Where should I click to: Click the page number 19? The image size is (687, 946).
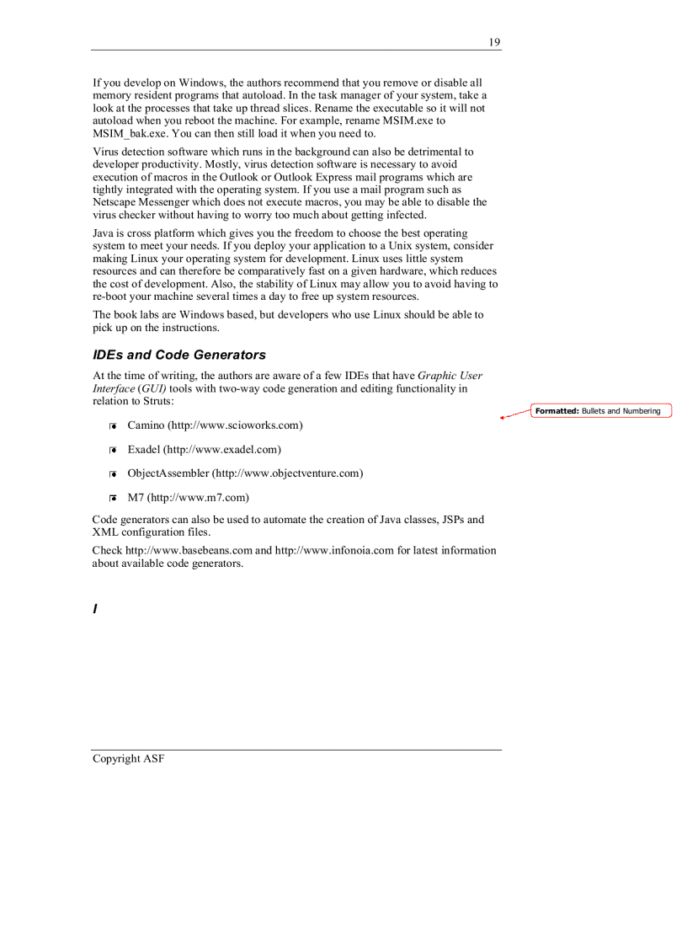494,42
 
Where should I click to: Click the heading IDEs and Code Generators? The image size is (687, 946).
178,355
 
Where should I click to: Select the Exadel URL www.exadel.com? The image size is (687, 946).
222,450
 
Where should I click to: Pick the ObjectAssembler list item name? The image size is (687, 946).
168,473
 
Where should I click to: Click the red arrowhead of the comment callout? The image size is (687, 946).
503,417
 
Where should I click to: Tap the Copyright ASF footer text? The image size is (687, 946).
128,759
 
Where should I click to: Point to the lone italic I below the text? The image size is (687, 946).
95,608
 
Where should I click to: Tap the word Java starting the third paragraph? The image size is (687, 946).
103,233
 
